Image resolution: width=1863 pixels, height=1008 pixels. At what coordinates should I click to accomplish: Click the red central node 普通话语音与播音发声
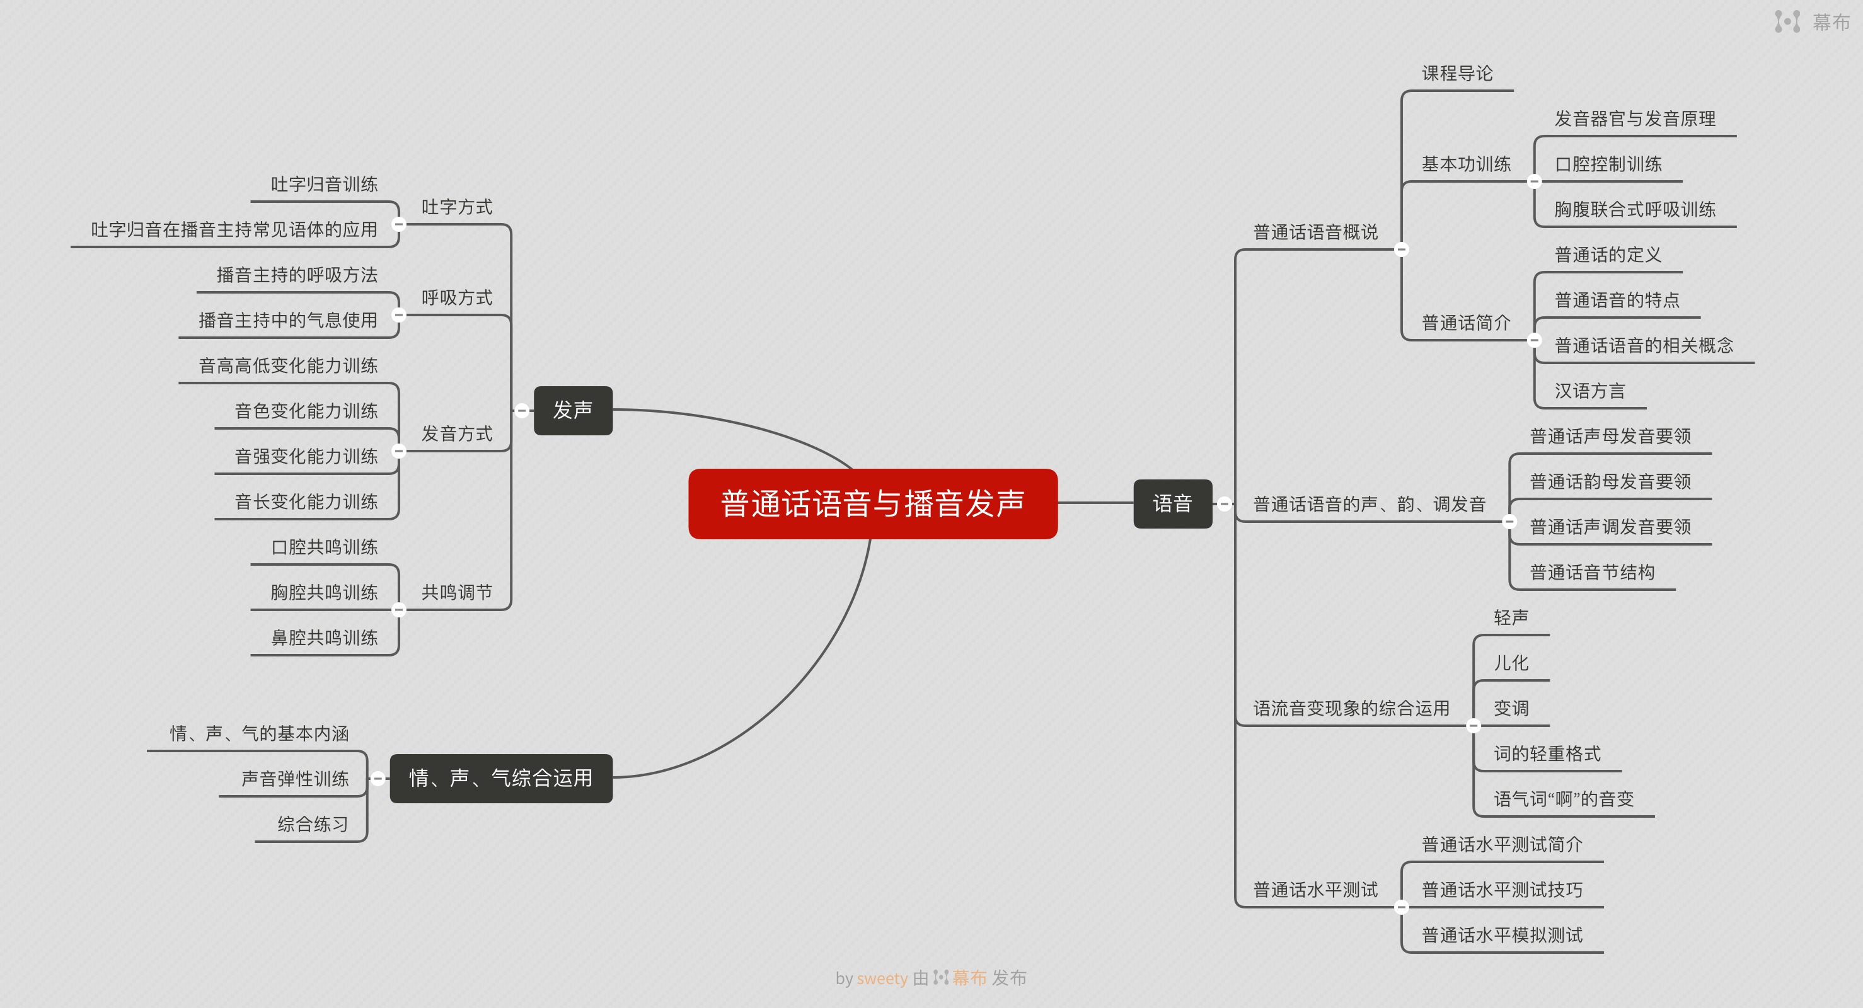(872, 503)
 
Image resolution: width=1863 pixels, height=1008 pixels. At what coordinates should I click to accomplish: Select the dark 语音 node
(1172, 503)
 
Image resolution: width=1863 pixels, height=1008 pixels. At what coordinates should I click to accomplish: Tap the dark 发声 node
(573, 410)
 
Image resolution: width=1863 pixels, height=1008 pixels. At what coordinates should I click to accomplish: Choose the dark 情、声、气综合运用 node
(500, 778)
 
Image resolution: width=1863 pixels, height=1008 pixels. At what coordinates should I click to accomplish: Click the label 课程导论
(1456, 74)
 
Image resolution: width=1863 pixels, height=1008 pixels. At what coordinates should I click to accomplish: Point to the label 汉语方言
(1589, 391)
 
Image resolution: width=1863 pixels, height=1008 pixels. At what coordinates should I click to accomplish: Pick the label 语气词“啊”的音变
(1564, 799)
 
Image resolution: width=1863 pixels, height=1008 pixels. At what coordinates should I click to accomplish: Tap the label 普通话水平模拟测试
(1501, 935)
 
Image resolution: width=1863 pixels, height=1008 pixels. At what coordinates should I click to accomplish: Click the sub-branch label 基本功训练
(1465, 164)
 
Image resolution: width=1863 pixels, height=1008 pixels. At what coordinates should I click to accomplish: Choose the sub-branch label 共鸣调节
(456, 592)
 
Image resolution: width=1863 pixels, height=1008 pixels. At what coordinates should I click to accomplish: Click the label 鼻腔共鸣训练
(324, 638)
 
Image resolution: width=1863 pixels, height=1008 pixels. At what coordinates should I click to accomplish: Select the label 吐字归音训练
(324, 185)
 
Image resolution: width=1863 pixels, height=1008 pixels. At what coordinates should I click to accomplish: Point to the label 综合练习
(313, 824)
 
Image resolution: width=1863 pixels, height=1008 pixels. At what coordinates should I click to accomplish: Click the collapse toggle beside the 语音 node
(1224, 504)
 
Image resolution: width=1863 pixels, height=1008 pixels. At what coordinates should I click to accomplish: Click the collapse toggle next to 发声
(521, 411)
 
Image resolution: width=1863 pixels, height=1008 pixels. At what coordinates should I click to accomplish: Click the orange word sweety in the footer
(882, 978)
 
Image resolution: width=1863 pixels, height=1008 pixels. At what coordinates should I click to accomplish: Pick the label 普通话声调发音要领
(1610, 527)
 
